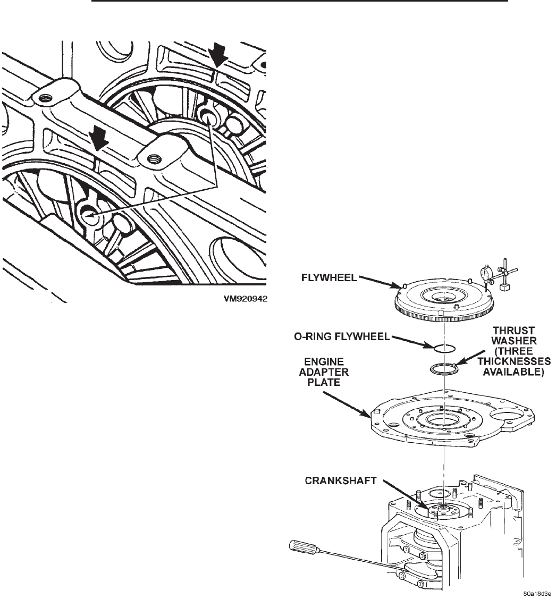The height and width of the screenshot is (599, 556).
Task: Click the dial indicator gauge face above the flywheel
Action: pos(485,273)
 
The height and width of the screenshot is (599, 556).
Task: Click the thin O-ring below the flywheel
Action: pos(442,348)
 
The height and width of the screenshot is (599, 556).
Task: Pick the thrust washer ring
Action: pos(443,368)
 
